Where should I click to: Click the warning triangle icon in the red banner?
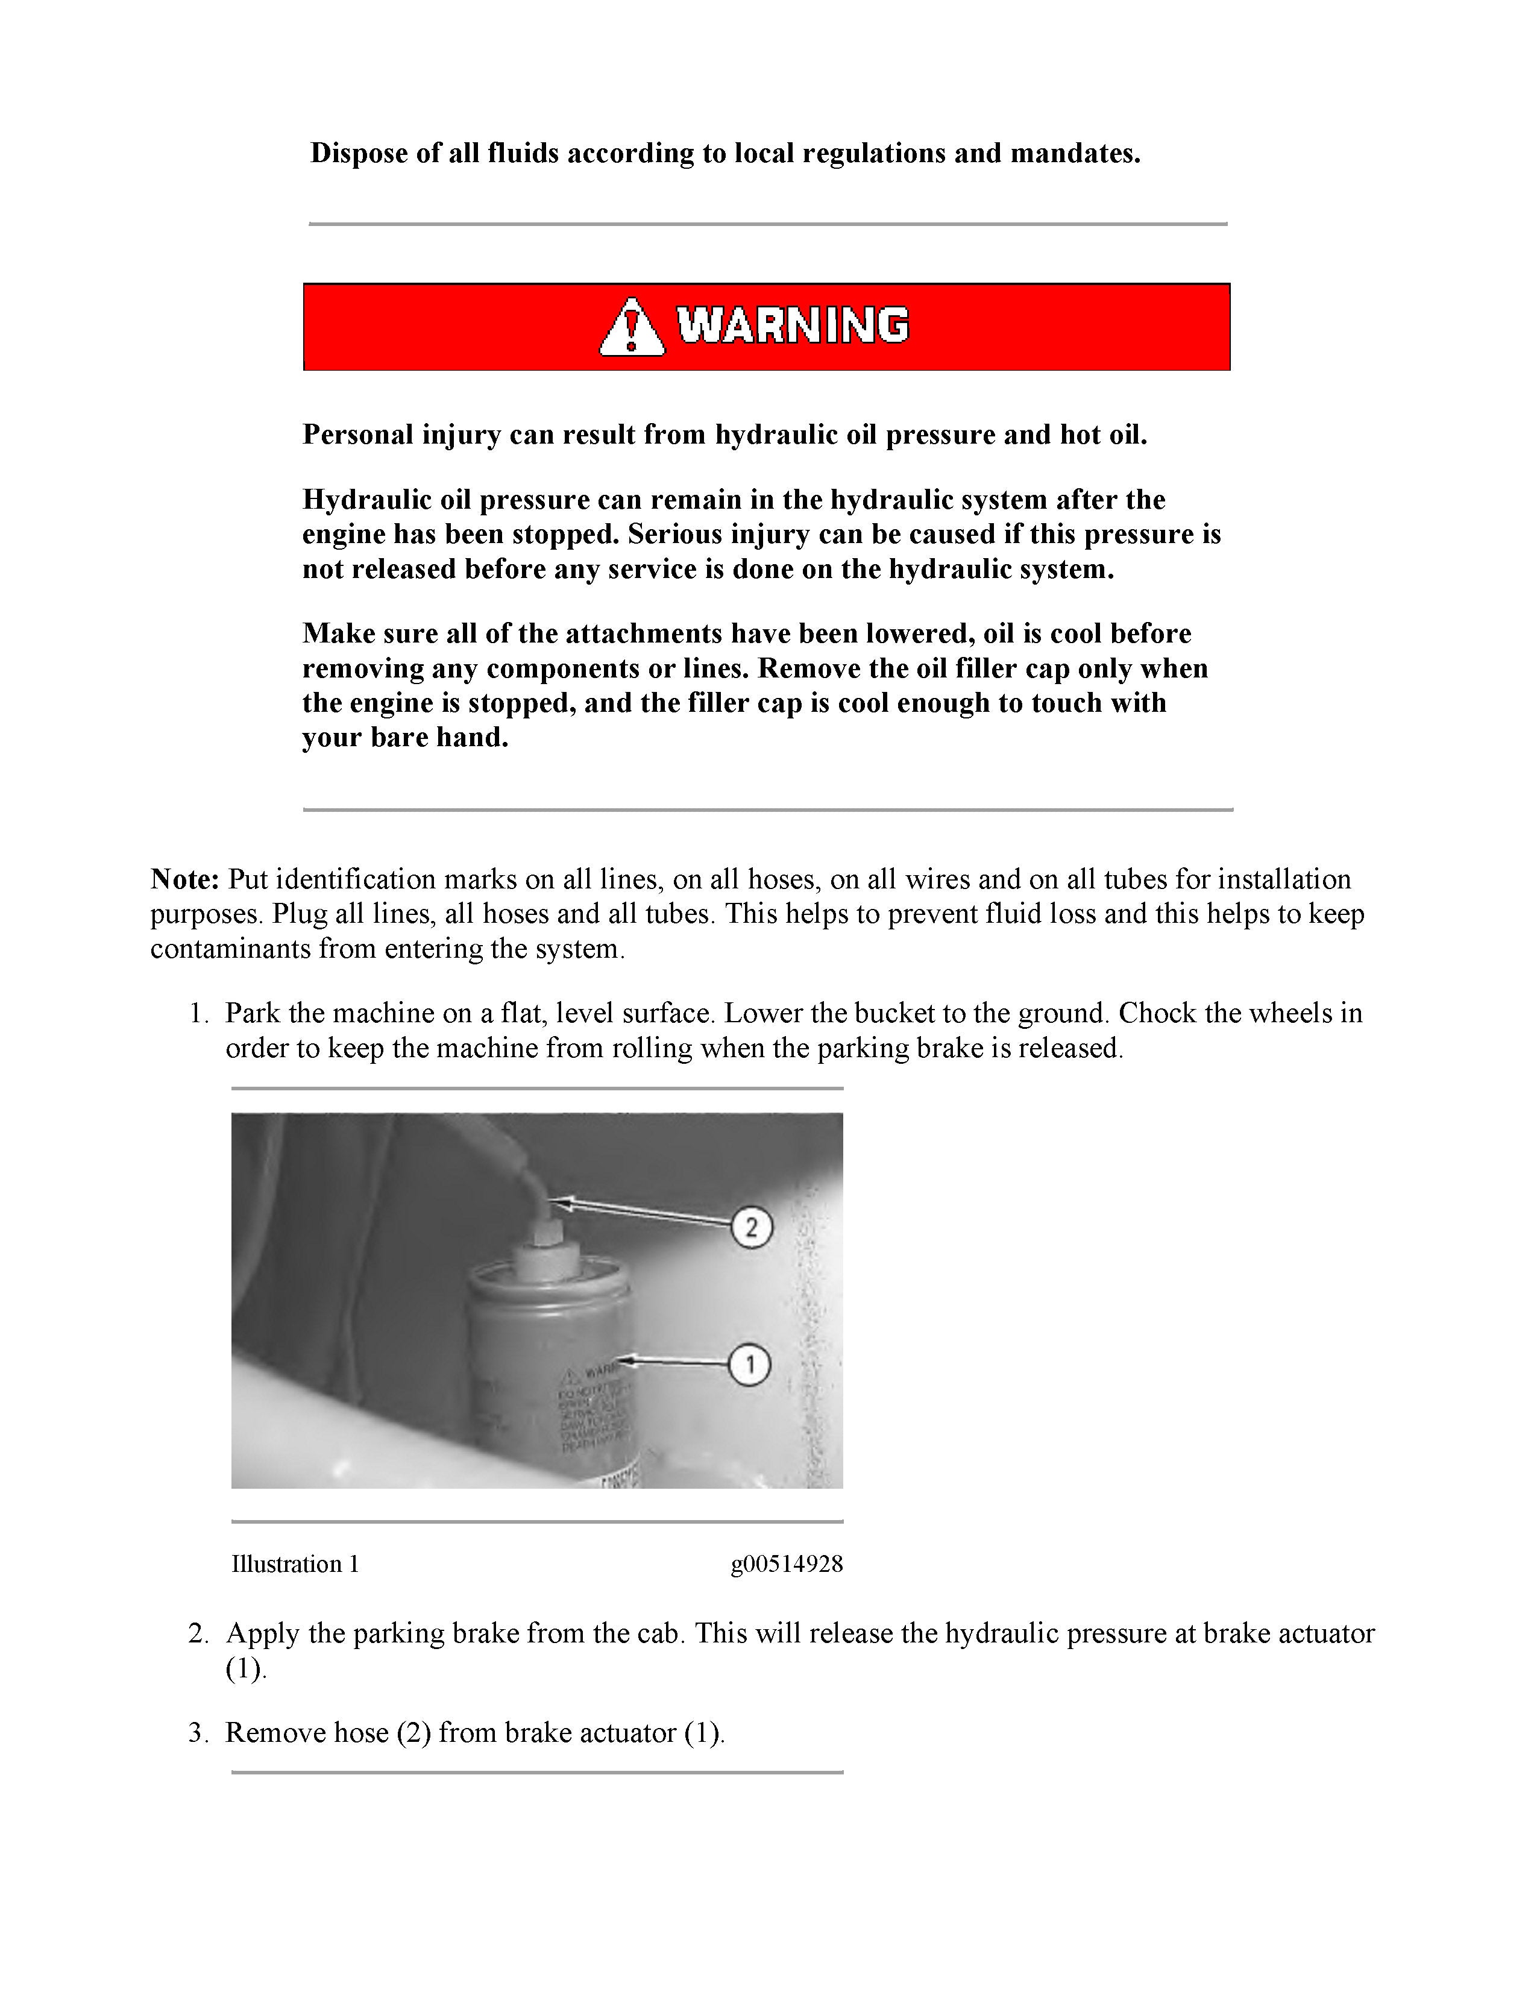coord(632,327)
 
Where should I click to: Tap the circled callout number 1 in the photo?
coord(750,1364)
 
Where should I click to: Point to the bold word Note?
coord(185,880)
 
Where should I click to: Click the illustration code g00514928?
coord(786,1565)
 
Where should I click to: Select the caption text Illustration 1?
coord(295,1565)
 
